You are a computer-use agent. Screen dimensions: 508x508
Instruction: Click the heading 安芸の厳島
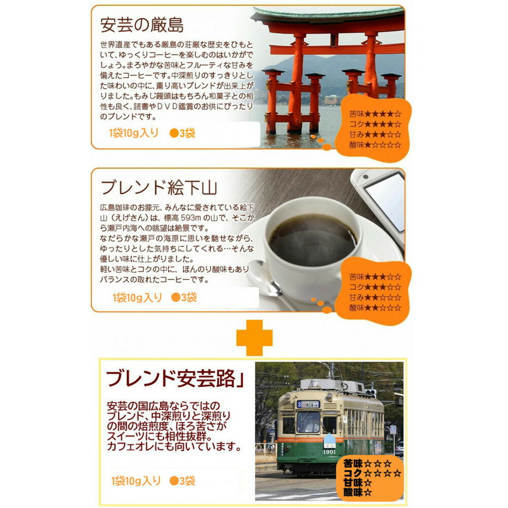pyautogui.click(x=142, y=25)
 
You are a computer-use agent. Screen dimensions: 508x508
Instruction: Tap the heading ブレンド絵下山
pyautogui.click(x=158, y=187)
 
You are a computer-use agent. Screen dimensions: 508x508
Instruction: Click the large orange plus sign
pyautogui.click(x=255, y=338)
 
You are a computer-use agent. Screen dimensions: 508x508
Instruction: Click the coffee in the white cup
pyautogui.click(x=312, y=240)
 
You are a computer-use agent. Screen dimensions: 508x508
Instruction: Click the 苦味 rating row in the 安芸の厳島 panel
pyautogui.click(x=375, y=114)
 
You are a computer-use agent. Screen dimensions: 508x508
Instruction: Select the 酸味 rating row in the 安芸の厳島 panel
pyautogui.click(x=375, y=145)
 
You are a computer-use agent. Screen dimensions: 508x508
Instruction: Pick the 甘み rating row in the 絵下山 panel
pyautogui.click(x=375, y=297)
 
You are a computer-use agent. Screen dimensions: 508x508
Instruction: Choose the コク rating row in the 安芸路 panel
pyautogui.click(x=372, y=473)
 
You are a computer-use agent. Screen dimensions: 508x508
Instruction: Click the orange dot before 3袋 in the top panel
pyautogui.click(x=174, y=133)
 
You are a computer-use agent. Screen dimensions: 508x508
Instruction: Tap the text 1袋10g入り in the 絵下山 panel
pyautogui.click(x=137, y=297)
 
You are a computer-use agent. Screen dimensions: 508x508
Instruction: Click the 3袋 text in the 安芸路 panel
pyautogui.click(x=187, y=481)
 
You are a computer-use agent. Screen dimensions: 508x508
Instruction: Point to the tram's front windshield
pyautogui.click(x=308, y=422)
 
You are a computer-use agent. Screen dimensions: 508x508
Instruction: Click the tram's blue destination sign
pyautogui.click(x=308, y=404)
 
